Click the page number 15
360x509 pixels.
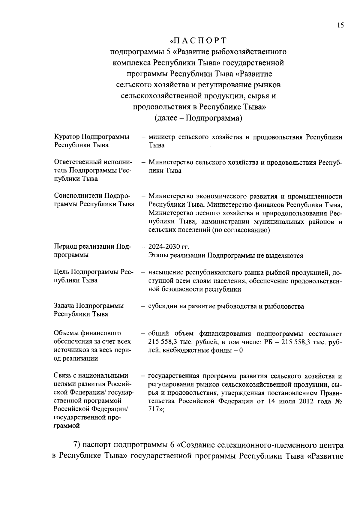click(x=340, y=25)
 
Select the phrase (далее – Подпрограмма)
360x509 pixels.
click(x=198, y=118)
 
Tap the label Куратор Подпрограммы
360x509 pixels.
click(x=92, y=137)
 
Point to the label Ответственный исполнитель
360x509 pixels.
click(x=93, y=162)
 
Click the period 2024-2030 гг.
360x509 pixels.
click(x=169, y=247)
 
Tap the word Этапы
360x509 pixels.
click(x=157, y=256)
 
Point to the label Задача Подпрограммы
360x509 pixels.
click(x=89, y=306)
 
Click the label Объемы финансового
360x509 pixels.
click(x=87, y=333)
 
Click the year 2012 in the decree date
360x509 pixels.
click(x=306, y=401)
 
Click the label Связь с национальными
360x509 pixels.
click(x=91, y=376)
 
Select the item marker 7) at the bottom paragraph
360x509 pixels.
click(x=77, y=445)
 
